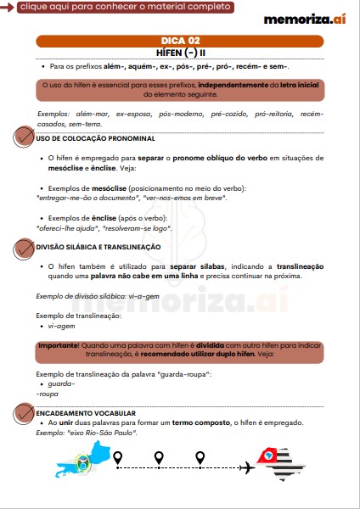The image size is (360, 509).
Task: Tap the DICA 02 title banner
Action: coord(180,40)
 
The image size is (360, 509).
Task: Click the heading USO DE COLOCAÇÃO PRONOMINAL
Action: coord(95,138)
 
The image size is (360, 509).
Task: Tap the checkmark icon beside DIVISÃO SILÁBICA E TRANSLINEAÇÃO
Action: coord(24,246)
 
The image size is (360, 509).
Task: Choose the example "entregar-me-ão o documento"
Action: coord(86,197)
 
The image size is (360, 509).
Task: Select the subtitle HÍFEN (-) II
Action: coord(180,51)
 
